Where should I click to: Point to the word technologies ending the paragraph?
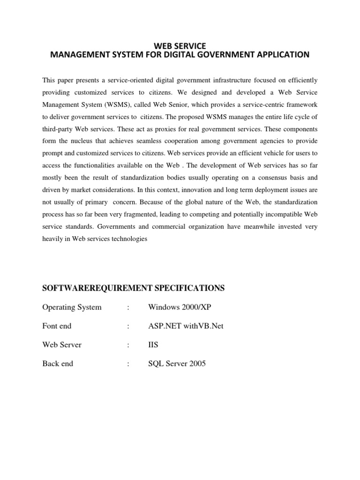click(127, 239)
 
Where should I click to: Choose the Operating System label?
click(72, 307)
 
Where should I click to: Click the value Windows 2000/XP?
click(176, 307)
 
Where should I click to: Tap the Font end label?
click(57, 326)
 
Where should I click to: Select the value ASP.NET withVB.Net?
click(186, 326)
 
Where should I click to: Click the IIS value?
click(153, 345)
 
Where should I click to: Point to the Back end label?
click(58, 363)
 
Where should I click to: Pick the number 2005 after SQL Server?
click(197, 363)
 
